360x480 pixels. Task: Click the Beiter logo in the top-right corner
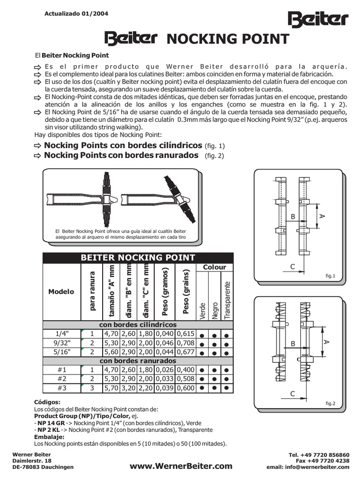click(x=317, y=20)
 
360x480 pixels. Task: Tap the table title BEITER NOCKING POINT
click(x=138, y=257)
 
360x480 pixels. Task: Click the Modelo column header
click(x=61, y=292)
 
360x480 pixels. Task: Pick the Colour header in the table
click(x=214, y=267)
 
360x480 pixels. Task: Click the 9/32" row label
click(x=62, y=343)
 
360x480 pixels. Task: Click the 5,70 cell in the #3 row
click(x=112, y=388)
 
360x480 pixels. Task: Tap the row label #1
click(x=62, y=370)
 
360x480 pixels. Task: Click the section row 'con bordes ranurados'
click(x=138, y=361)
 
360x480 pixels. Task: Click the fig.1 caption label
click(x=330, y=276)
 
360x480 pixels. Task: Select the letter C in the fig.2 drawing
click(x=292, y=394)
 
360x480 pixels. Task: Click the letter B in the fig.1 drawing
click(x=293, y=217)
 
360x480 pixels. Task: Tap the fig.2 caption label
click(x=330, y=403)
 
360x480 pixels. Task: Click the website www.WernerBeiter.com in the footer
click(x=181, y=466)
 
